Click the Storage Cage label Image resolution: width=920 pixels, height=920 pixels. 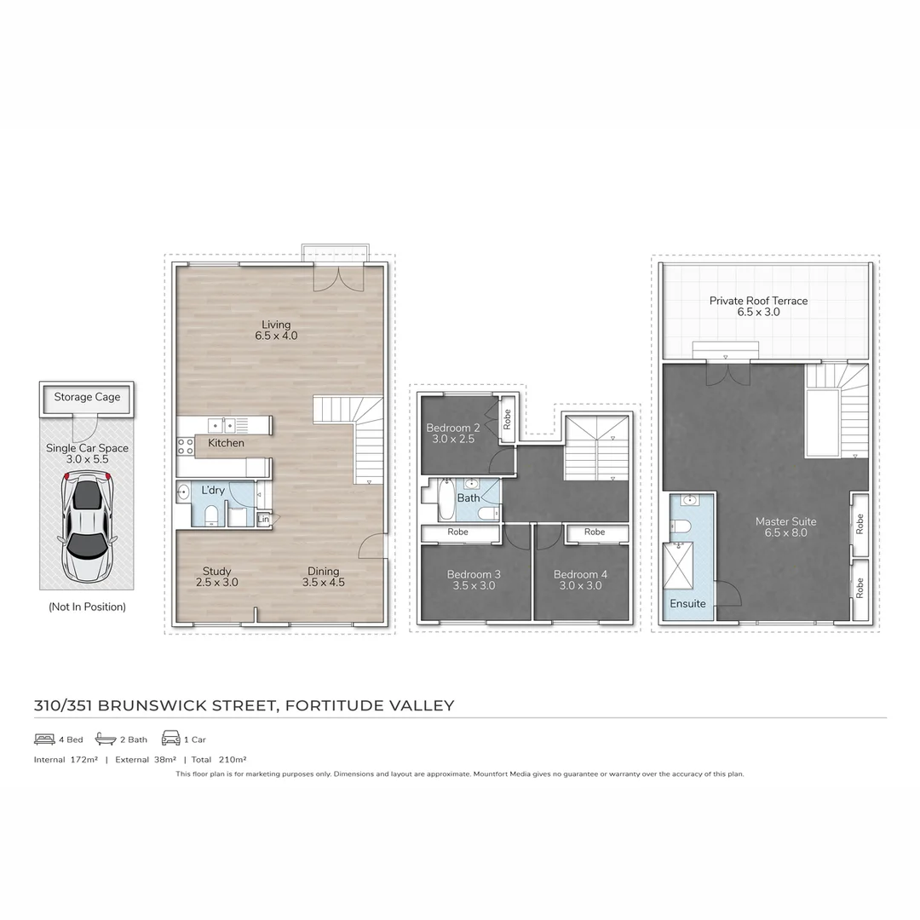[87, 397]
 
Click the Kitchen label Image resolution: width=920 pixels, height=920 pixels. [226, 443]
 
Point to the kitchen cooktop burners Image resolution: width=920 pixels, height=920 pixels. [185, 446]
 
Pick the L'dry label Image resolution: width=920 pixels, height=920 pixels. [213, 491]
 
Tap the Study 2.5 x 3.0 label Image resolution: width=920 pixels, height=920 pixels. [216, 577]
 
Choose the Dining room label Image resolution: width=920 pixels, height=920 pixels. [323, 577]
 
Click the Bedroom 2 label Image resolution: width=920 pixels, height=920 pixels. [453, 433]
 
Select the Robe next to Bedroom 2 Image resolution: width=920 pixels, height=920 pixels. [507, 419]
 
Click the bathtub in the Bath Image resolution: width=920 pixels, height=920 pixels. [446, 499]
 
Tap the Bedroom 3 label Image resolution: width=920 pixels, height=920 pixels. [474, 580]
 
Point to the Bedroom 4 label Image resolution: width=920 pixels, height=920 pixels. [580, 580]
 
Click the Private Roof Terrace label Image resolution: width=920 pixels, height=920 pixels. [758, 307]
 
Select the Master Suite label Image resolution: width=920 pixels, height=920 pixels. [785, 526]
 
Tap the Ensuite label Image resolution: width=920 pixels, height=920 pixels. [687, 603]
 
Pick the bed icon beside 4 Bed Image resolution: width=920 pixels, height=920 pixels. [44, 739]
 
